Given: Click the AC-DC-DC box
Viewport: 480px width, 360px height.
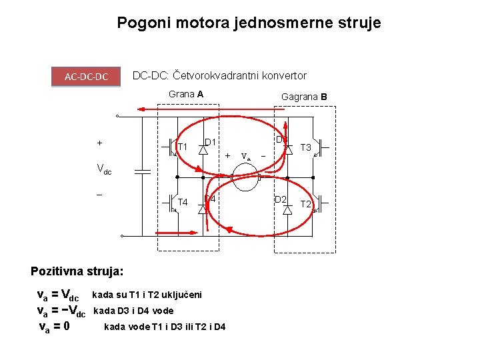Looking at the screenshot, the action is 87,77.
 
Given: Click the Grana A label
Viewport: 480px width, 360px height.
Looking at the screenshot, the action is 186,94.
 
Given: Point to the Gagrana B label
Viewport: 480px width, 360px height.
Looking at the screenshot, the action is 304,97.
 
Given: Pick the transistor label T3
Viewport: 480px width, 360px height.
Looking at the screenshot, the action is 307,147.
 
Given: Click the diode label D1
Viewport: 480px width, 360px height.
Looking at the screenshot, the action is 210,142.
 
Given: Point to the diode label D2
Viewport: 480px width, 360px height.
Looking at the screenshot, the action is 281,199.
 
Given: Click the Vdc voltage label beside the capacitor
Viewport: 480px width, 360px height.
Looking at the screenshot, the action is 104,170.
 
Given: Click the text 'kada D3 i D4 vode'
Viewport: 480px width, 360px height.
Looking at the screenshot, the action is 133,310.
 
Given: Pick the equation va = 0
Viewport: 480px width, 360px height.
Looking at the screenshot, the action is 55,327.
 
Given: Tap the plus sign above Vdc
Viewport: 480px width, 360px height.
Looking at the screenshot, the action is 99,143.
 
